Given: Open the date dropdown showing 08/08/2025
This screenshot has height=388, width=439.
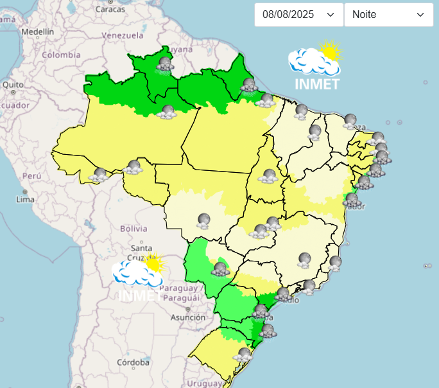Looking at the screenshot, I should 298,14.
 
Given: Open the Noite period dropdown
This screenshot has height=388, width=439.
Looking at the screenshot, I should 388,14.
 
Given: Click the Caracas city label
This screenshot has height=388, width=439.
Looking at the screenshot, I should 110,10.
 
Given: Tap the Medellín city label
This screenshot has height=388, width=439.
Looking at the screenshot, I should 37,31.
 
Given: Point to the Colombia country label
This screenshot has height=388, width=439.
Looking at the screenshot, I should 61,55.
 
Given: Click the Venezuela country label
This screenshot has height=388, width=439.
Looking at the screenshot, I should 122,35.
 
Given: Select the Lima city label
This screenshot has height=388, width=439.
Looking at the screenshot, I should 24,199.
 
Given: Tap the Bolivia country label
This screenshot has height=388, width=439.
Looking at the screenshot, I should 133,228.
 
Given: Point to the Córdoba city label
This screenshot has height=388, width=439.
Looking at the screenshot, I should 134,362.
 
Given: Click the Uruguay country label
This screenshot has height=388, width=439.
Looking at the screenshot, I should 205,384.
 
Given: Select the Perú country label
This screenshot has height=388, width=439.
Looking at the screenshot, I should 31,175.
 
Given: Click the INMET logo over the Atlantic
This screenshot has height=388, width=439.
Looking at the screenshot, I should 316,66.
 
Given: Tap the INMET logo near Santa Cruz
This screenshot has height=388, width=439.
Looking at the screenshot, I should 139,278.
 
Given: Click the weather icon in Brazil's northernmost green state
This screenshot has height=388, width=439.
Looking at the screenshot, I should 166,64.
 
